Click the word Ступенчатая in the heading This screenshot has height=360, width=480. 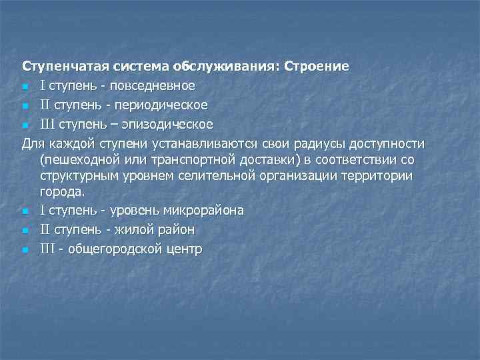59,67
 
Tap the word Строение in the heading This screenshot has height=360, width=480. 317,67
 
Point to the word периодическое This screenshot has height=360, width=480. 168,105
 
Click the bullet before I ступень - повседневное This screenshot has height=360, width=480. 25,87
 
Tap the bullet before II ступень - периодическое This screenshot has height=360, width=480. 25,106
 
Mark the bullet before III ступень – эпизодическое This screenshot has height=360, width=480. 25,125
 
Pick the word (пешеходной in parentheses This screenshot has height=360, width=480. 74,160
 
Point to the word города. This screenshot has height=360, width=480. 62,192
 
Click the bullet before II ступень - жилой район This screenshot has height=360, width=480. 25,231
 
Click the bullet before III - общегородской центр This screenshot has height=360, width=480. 25,250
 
